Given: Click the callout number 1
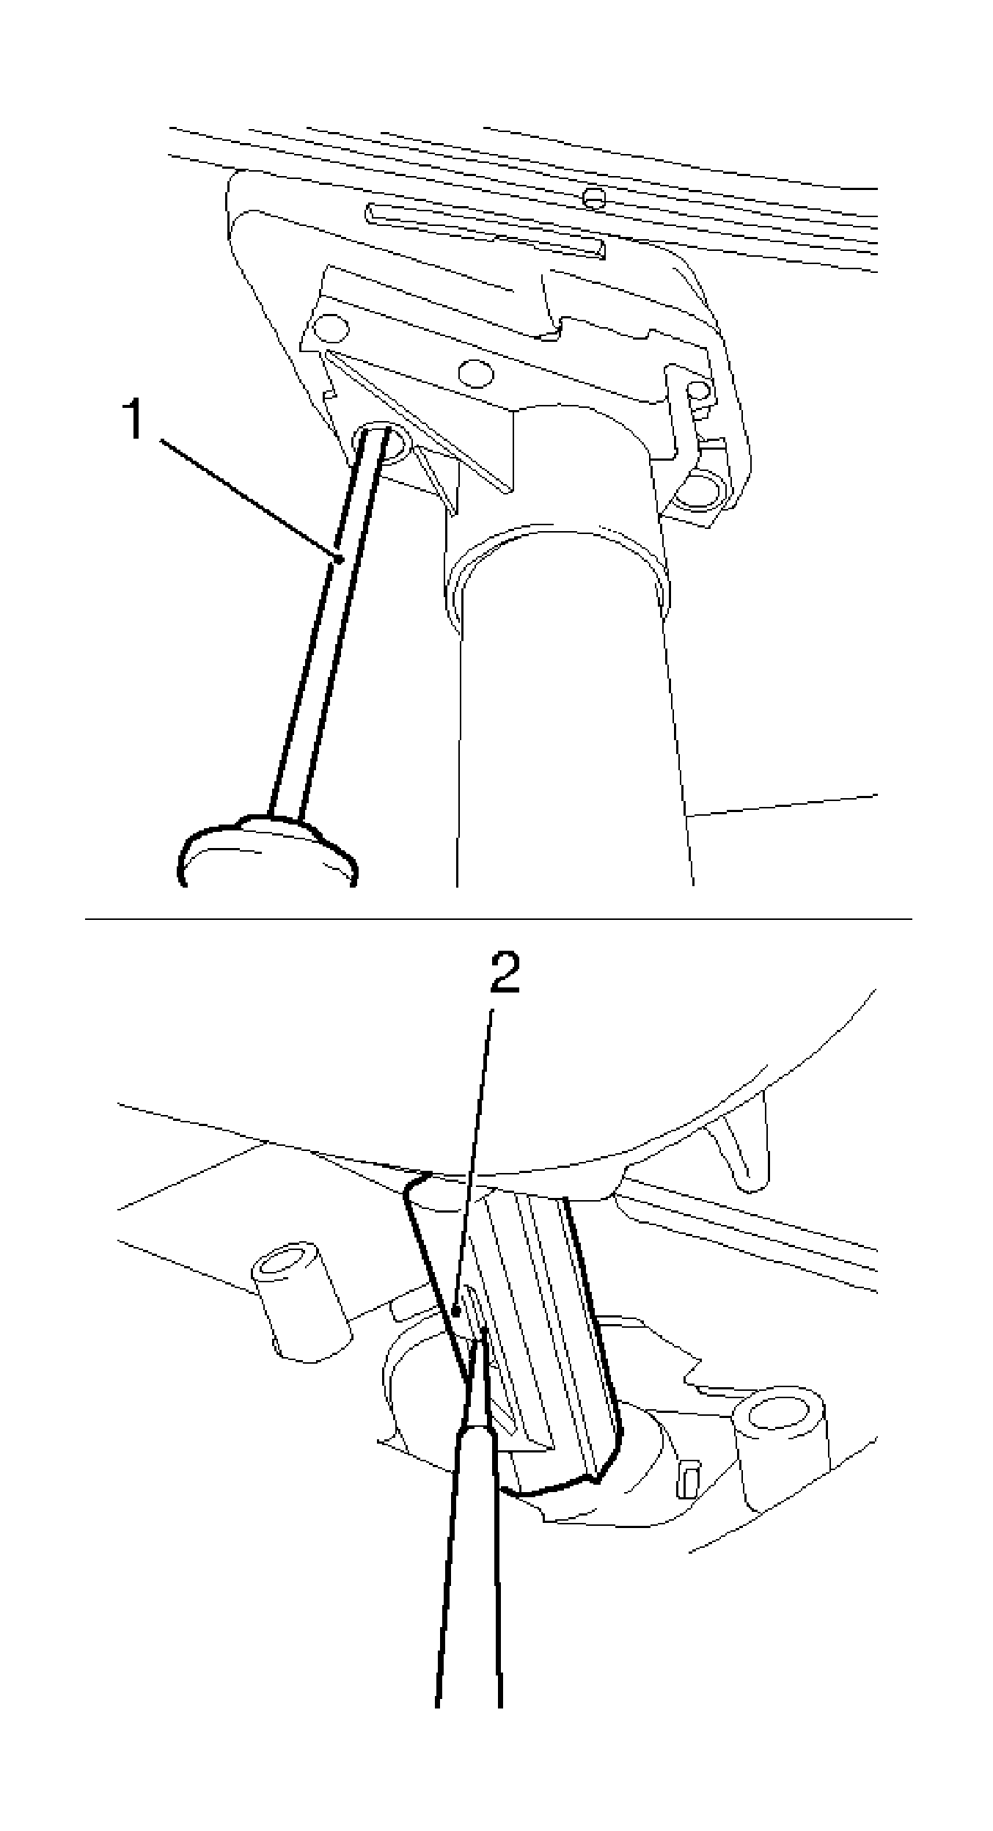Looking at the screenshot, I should [x=134, y=419].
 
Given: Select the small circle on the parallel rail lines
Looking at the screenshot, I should [x=594, y=197].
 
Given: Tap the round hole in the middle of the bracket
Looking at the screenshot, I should [x=476, y=373].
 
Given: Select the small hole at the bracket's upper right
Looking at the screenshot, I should [x=701, y=390].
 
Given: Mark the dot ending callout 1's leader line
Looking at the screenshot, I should [x=339, y=560].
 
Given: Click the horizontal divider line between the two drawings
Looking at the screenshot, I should [x=499, y=918].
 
